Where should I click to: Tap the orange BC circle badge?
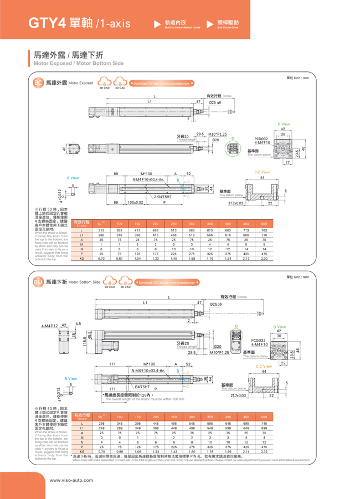pos(38,83)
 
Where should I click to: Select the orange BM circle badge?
pos(38,282)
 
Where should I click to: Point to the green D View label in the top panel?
pos(283,124)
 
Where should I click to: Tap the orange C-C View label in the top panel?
pos(262,172)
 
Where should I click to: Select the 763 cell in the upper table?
pos(264,230)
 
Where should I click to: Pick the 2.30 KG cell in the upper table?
pos(264,259)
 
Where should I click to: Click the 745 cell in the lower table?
pos(264,423)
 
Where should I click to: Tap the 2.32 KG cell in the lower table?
pos(264,451)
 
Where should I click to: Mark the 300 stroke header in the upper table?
pos(192,223)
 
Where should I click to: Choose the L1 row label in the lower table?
pos(81,428)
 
